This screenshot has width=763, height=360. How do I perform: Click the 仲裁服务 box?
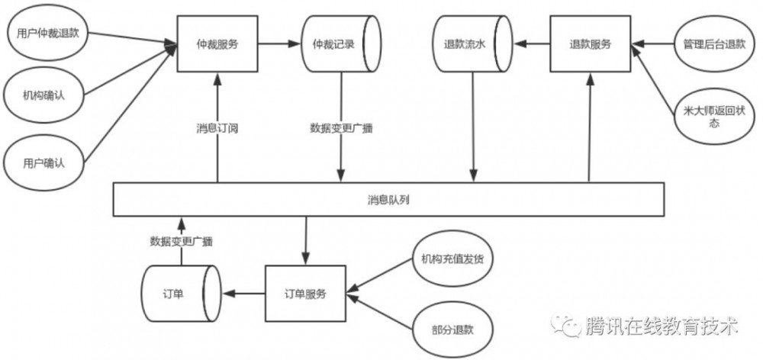217,44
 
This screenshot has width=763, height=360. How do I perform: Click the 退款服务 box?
590,44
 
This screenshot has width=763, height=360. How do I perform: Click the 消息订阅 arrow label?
217,128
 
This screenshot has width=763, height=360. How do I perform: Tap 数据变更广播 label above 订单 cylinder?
181,241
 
